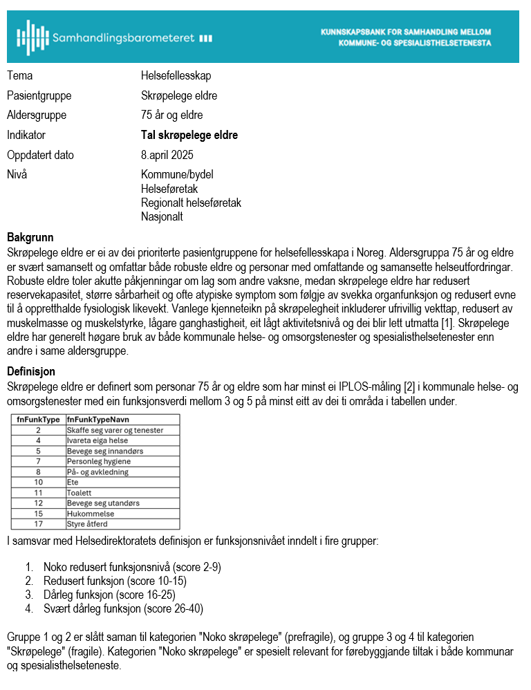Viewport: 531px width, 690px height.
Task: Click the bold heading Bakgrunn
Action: (30, 236)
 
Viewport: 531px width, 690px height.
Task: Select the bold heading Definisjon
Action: (30, 372)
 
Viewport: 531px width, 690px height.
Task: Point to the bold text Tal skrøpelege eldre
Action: (189, 136)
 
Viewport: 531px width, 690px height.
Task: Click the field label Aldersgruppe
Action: (37, 115)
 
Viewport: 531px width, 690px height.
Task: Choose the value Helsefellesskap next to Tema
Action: (176, 75)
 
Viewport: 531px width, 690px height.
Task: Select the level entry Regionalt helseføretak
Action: (191, 203)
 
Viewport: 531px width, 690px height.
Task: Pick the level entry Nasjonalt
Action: (162, 216)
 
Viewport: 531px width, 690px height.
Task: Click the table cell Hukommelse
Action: (90, 514)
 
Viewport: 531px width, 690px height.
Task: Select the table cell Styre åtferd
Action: (87, 524)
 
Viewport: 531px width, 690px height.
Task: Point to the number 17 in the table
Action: (39, 524)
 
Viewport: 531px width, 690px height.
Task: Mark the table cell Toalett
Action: (79, 492)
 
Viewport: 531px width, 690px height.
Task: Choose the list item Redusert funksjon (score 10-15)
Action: (115, 581)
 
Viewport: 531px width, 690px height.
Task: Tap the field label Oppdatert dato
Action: (40, 155)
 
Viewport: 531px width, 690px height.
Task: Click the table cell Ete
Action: (73, 482)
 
